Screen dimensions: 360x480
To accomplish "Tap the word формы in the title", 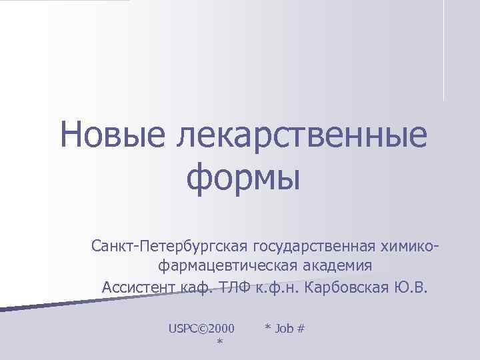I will click(x=243, y=176).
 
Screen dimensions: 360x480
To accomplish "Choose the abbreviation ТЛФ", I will click(x=231, y=287).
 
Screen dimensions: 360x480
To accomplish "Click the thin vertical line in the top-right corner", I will click(x=443, y=50).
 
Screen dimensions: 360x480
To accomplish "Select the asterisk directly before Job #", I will click(x=267, y=329).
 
